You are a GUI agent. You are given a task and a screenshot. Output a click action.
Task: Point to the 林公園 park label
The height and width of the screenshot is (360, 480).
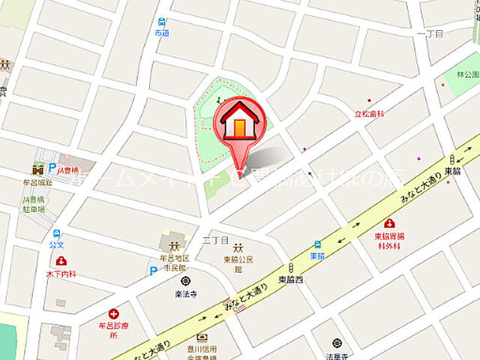466,76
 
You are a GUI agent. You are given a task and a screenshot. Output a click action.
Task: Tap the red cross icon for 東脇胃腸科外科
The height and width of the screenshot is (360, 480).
389,223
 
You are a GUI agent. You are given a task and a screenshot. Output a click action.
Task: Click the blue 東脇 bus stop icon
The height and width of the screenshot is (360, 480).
318,244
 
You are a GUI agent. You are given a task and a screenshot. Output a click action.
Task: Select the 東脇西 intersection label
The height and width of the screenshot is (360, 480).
289,279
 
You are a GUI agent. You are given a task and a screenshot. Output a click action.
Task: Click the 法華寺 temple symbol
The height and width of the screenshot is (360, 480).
337,343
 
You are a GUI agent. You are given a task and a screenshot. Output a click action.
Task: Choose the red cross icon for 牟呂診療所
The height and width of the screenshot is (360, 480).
114,313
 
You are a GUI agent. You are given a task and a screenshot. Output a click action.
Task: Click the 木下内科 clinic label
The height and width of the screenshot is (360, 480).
61,274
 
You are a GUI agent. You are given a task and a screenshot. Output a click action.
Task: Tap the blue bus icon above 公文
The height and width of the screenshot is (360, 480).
57,232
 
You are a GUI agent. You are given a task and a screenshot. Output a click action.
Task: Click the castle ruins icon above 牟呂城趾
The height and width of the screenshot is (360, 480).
37,169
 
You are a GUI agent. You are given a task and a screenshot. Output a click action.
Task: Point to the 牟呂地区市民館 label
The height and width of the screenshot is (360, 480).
175,262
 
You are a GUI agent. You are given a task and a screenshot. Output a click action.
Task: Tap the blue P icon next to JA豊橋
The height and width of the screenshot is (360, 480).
52,169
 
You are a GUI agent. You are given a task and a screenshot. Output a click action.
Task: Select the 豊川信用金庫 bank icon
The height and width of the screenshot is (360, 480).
202,337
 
